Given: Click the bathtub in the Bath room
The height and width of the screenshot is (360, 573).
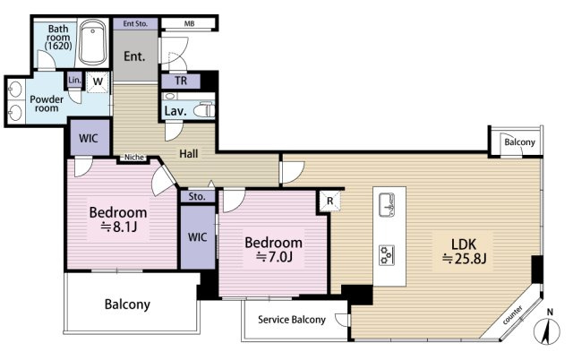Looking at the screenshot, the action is coord(93,42).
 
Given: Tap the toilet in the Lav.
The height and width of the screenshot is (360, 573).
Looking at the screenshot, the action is coord(204,110).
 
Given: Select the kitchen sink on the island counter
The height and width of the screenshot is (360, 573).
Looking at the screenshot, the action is coord(387,205).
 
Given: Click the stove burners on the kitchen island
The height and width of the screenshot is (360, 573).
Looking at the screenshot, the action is coord(387,254).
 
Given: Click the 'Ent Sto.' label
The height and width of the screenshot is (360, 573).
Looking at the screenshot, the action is coord(135,24).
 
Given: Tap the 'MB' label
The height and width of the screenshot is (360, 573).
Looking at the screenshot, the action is coord(189,24).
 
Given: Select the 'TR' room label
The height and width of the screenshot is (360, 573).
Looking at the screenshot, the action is coord(181,81).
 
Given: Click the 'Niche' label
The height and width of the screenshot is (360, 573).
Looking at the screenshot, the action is coord(134,157).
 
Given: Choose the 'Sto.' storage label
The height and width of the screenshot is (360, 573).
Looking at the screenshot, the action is coord(197,197).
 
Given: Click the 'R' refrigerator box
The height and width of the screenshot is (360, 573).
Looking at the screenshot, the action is coord(330,201).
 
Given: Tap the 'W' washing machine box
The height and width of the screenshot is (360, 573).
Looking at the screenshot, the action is coord(98,81).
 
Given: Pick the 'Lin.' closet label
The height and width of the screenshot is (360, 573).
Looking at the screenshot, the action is coord(74,80).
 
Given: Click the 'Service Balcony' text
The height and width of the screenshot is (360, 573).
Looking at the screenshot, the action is coord(292,320).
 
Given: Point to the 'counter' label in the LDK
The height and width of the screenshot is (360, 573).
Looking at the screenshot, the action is coord(512,315).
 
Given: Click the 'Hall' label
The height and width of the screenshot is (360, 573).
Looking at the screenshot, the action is coord(189,154).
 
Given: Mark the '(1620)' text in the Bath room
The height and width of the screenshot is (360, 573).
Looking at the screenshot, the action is coord(58,46).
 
